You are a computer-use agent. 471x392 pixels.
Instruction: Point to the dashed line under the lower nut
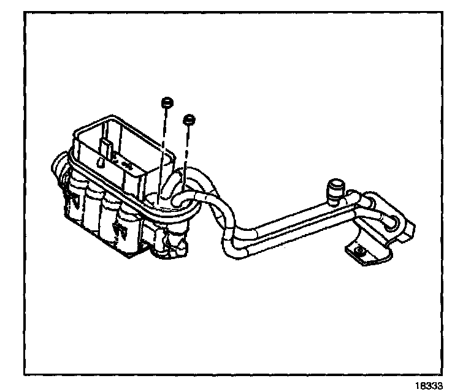pos(187,153)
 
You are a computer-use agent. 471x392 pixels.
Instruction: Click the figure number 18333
pos(429,385)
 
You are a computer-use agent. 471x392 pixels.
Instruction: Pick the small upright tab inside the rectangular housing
pos(106,148)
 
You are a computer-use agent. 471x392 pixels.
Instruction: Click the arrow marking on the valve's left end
pos(73,198)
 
